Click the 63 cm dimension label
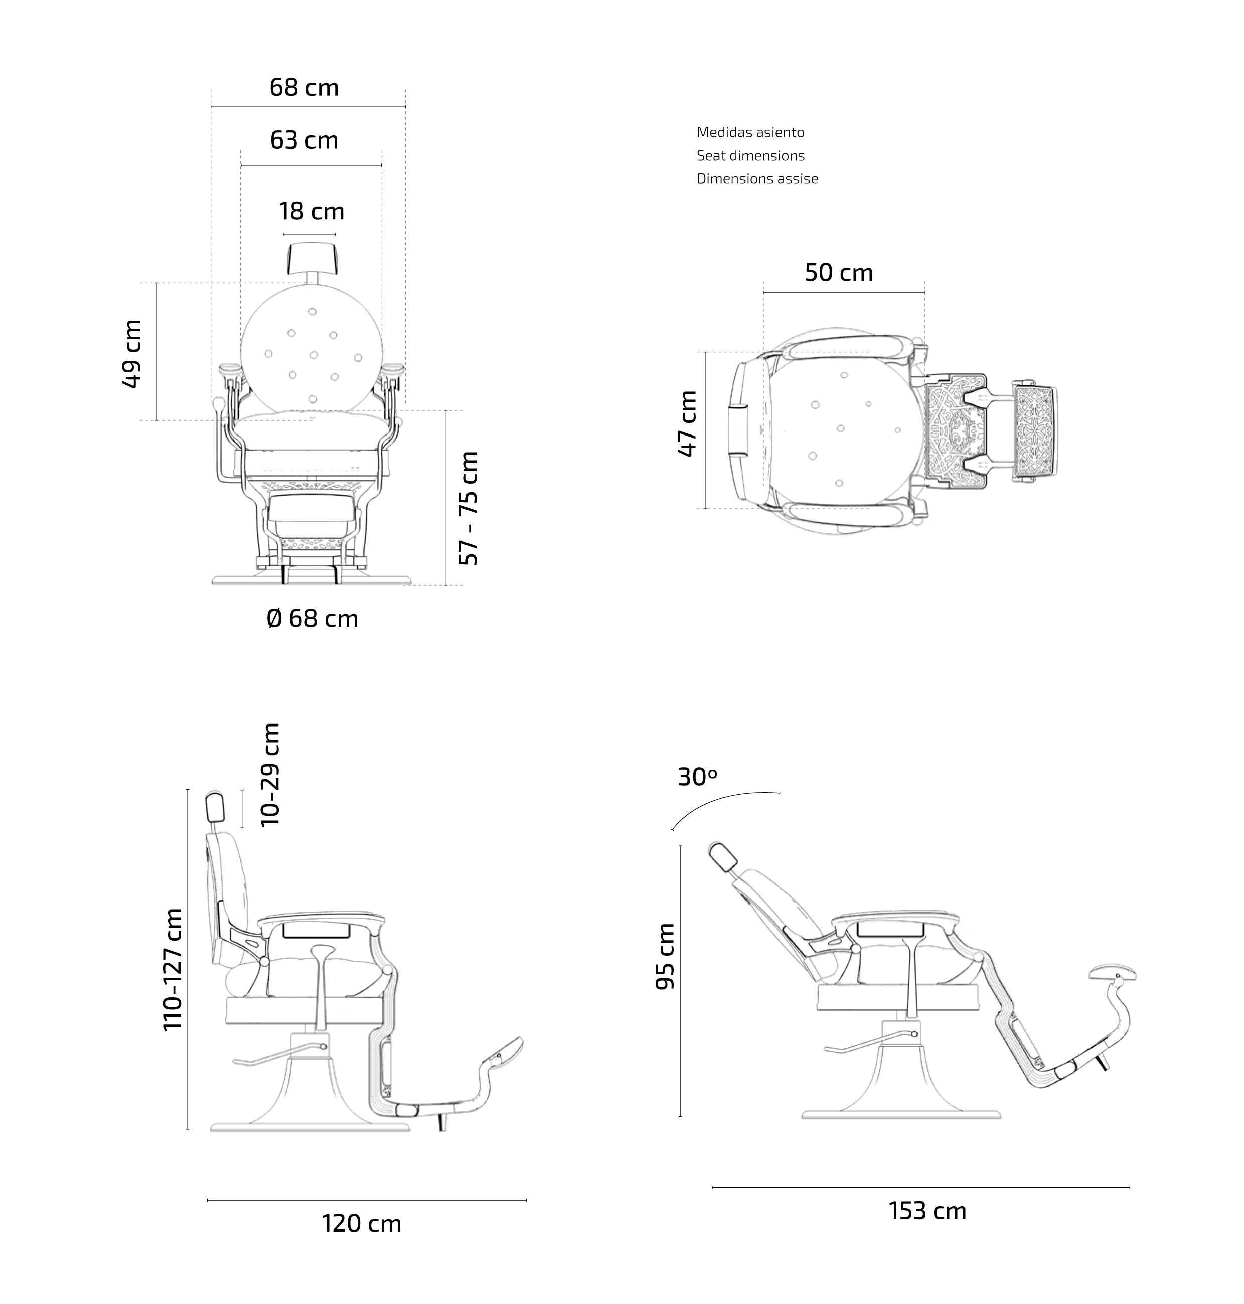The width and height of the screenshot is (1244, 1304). pyautogui.click(x=304, y=140)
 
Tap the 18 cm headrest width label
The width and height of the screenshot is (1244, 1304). pyautogui.click(x=312, y=212)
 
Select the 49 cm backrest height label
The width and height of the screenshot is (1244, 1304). pyautogui.click(x=132, y=354)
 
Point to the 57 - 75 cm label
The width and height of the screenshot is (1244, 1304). pyautogui.click(x=469, y=508)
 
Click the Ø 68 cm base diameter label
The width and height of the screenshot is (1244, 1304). pyautogui.click(x=313, y=618)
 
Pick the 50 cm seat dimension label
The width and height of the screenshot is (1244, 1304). pyautogui.click(x=839, y=272)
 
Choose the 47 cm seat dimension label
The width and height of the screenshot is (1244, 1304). pyautogui.click(x=688, y=423)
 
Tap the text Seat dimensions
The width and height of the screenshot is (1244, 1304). pyautogui.click(x=750, y=155)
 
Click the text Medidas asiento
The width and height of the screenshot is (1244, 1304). pyautogui.click(x=750, y=132)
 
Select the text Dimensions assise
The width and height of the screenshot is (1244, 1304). pyautogui.click(x=757, y=179)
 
